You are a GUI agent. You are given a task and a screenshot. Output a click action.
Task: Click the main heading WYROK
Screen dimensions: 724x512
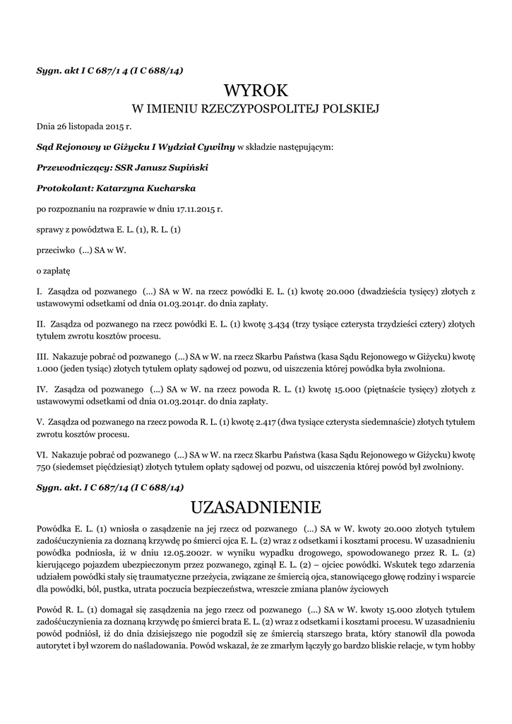[256, 90]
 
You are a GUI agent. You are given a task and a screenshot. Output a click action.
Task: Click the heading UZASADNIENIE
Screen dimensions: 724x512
[256, 507]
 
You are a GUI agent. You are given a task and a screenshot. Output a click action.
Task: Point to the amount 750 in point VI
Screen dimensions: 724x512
[44, 467]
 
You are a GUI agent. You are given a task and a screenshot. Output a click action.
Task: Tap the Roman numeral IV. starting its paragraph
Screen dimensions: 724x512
[42, 390]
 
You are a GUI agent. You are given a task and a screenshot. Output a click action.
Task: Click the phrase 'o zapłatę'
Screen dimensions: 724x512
[53, 270]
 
